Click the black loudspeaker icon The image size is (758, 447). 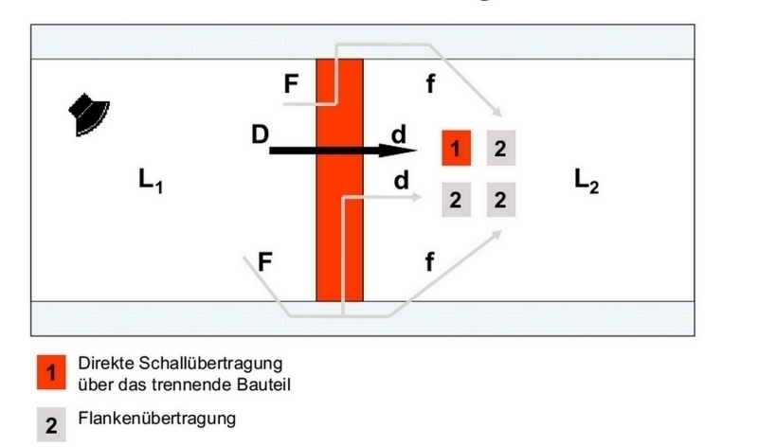(89, 115)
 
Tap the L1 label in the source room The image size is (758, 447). (151, 181)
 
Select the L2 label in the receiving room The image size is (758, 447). (587, 181)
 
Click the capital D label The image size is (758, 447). (260, 134)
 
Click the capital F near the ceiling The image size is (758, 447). (291, 83)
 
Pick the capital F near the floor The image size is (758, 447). (265, 262)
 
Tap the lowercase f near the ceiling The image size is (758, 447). (430, 83)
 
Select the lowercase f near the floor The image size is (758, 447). (429, 261)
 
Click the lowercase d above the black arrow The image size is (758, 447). (399, 134)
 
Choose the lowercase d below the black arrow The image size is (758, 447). (401, 180)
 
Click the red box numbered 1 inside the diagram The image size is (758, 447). (456, 148)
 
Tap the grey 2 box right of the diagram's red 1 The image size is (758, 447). (501, 148)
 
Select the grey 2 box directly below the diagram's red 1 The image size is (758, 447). (456, 200)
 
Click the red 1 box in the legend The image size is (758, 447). (51, 372)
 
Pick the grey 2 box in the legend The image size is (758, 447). (51, 424)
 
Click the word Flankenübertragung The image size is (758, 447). (157, 418)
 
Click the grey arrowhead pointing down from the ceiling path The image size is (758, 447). (496, 112)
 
